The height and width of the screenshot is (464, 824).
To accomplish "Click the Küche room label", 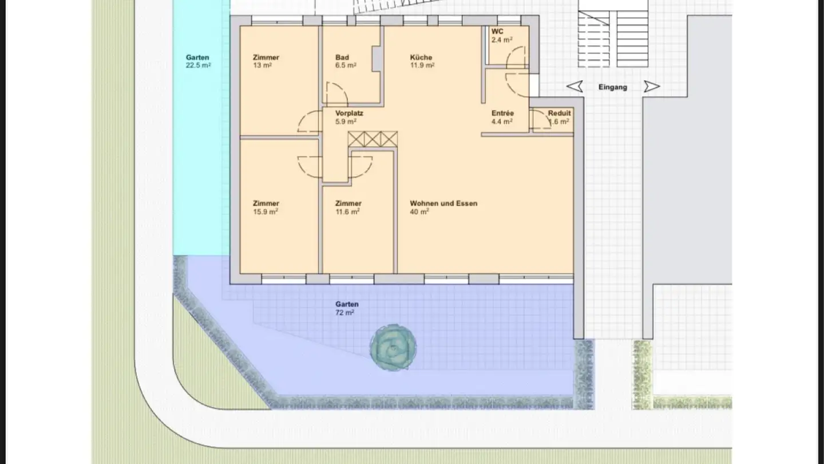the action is pos(421,57).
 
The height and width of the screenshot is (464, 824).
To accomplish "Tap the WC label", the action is pos(497,32).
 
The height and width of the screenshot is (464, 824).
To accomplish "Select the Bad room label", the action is pos(342,57).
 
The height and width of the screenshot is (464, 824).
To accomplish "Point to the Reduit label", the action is pos(559,113).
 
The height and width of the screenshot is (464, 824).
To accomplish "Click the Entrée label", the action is pos(502,113).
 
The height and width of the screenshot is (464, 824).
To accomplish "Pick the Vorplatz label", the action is pos(349,113).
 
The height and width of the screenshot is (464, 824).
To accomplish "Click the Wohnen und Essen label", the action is pos(443,203).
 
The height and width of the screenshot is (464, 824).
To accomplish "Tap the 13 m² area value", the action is pos(262,65).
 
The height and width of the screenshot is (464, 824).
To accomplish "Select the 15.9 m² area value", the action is pos(266,212).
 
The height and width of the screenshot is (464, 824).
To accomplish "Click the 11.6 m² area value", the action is pos(347,212).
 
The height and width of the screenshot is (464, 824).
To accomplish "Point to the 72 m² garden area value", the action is pos(344,313).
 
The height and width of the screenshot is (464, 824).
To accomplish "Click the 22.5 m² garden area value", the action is pos(198,65).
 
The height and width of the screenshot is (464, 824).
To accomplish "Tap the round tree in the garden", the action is pos(393,347).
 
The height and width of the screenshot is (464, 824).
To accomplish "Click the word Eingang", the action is pos(612,87).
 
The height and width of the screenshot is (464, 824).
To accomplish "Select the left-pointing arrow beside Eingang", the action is pos(575,86).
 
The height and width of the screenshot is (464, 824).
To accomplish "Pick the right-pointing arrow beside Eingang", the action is pos(652,86).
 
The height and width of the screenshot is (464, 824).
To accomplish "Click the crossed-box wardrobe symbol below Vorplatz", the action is pos(373,139).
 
